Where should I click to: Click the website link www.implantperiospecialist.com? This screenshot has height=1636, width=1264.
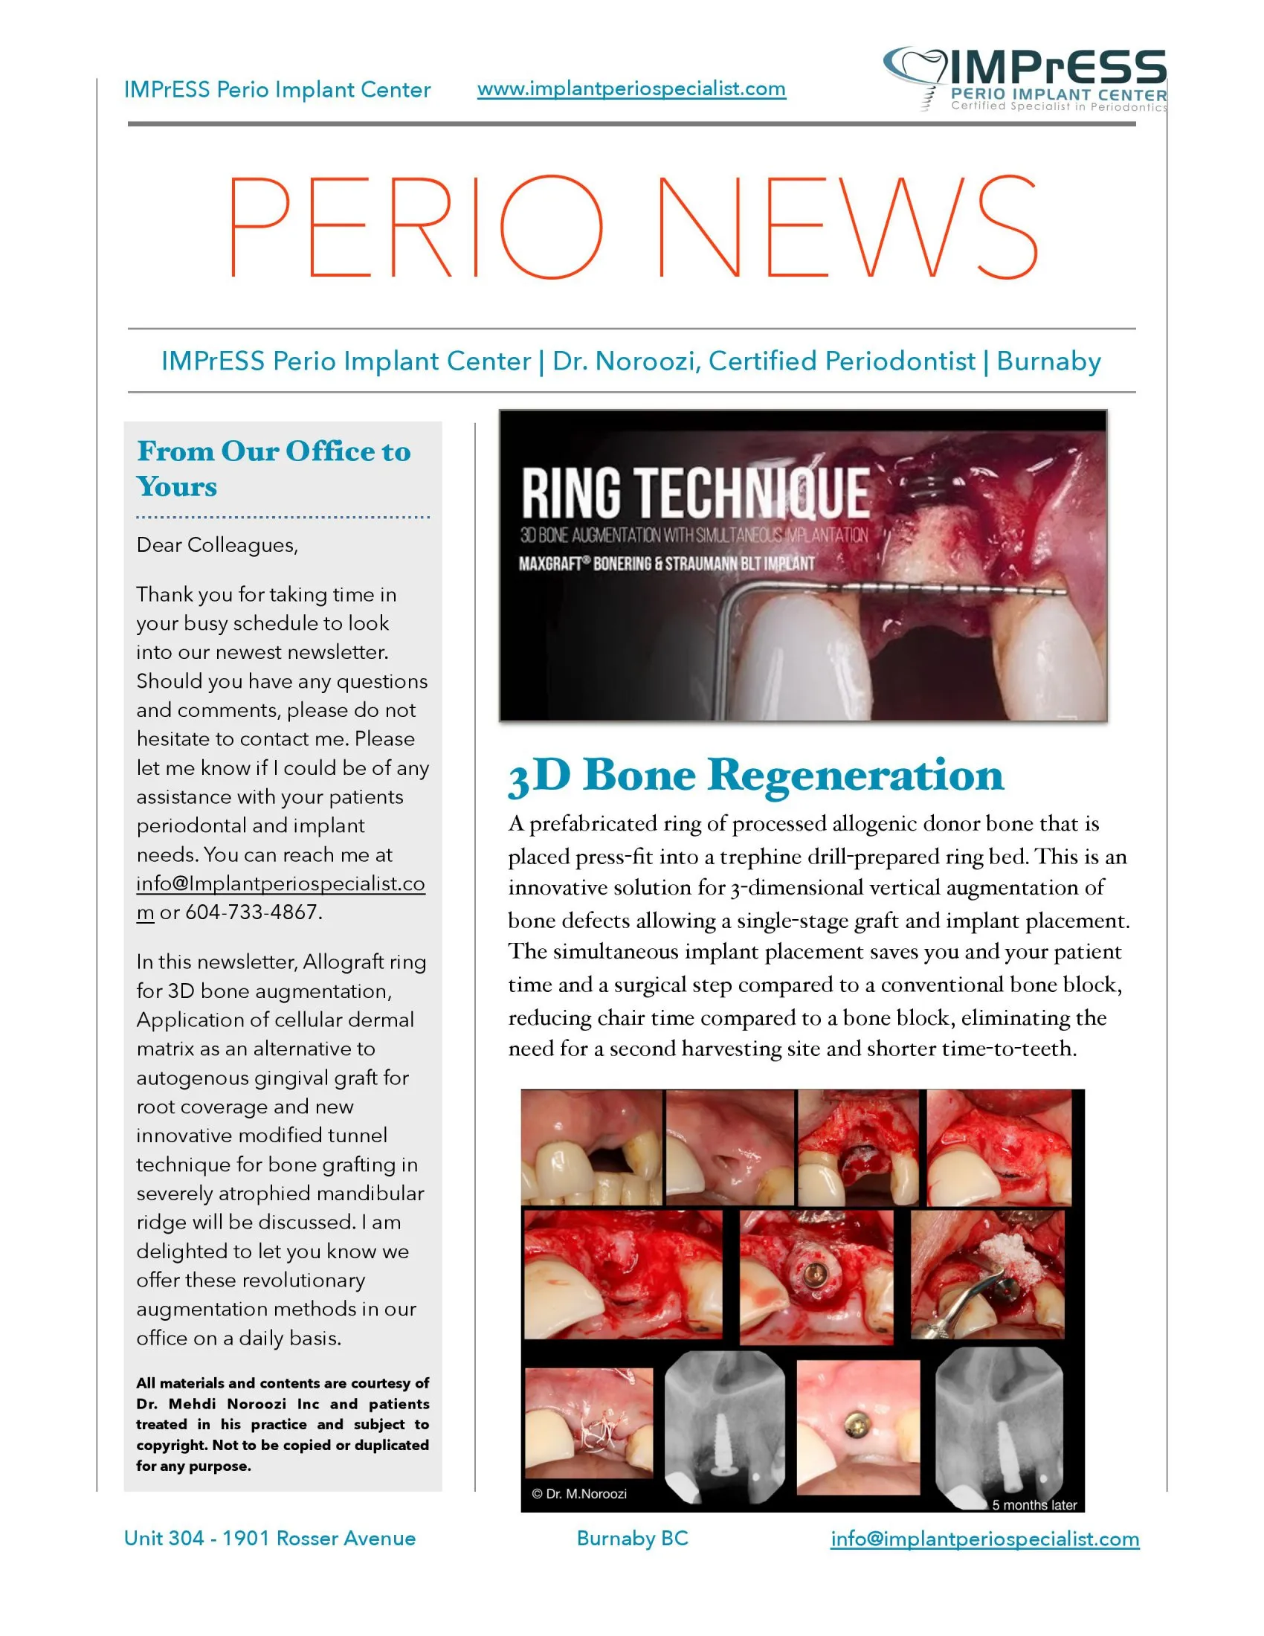pyautogui.click(x=631, y=88)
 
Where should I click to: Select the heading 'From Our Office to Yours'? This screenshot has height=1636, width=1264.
pyautogui.click(x=274, y=468)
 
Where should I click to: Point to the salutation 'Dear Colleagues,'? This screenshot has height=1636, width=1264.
pyautogui.click(x=217, y=544)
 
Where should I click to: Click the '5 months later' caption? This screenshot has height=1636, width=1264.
pyautogui.click(x=1034, y=1505)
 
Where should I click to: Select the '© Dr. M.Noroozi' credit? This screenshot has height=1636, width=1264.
pyautogui.click(x=578, y=1494)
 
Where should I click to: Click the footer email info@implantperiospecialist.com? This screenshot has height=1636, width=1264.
pyautogui.click(x=984, y=1539)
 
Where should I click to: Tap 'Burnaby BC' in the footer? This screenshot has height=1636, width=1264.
pyautogui.click(x=632, y=1539)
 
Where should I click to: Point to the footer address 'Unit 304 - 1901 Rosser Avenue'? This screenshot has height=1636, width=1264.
pyautogui.click(x=270, y=1539)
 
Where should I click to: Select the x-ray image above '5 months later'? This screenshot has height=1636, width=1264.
pyautogui.click(x=999, y=1427)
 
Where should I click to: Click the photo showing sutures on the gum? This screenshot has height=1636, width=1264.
pyautogui.click(x=589, y=1423)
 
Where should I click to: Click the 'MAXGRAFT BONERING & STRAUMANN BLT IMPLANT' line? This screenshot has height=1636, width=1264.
pyautogui.click(x=666, y=564)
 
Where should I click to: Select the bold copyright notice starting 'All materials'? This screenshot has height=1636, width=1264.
pyautogui.click(x=283, y=1424)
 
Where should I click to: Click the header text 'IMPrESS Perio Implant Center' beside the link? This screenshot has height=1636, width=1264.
pyautogui.click(x=277, y=90)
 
